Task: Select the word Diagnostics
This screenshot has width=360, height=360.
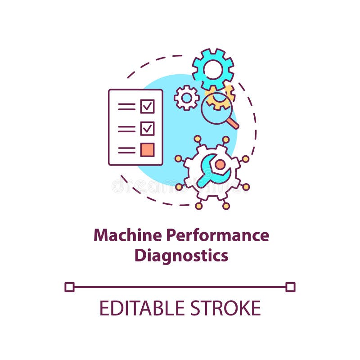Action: [x=181, y=255]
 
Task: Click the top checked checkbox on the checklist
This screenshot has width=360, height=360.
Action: [x=147, y=107]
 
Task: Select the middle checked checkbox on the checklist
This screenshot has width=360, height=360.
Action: [x=147, y=128]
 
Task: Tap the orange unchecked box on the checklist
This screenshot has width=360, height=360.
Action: [x=147, y=149]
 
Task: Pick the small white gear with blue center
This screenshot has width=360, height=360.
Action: [x=186, y=98]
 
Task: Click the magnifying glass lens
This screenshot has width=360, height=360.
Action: [x=216, y=108]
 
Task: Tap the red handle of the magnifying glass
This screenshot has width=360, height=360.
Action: [x=232, y=122]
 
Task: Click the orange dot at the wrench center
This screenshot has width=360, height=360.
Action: [x=220, y=165]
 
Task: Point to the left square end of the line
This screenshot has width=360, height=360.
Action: [x=69, y=287]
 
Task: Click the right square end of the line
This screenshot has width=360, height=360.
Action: [x=290, y=287]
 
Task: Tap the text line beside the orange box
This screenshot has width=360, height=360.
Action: [x=126, y=150]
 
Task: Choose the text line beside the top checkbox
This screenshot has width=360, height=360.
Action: [x=126, y=107]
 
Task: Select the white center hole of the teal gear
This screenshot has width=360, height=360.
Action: [x=213, y=69]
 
